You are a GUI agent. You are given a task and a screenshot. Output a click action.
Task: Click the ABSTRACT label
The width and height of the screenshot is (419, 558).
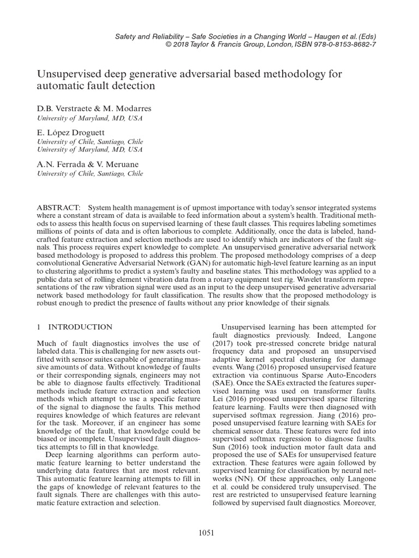point(57,208)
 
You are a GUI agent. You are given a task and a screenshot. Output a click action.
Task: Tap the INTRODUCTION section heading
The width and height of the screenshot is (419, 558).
point(80,327)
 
